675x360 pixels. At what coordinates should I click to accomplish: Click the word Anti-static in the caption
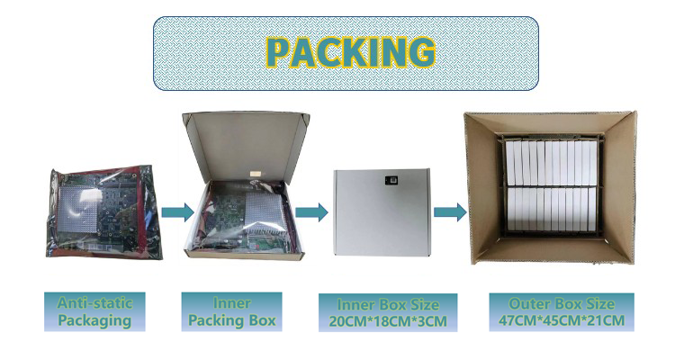pos(88,303)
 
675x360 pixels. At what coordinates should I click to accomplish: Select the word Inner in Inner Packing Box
pos(231,303)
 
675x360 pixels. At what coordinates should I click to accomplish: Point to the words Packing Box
pos(231,320)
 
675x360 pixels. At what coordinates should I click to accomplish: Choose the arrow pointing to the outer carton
pos(449,211)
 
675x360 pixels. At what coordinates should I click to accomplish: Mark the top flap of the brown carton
pos(549,124)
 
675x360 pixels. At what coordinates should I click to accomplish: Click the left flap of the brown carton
pos(481,193)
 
